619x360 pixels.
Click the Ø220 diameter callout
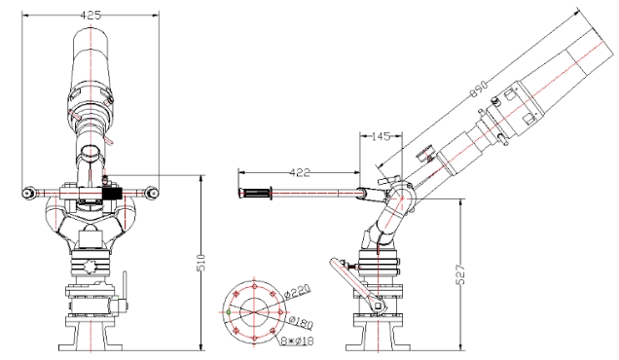(299, 290)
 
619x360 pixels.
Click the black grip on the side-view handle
(257, 195)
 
